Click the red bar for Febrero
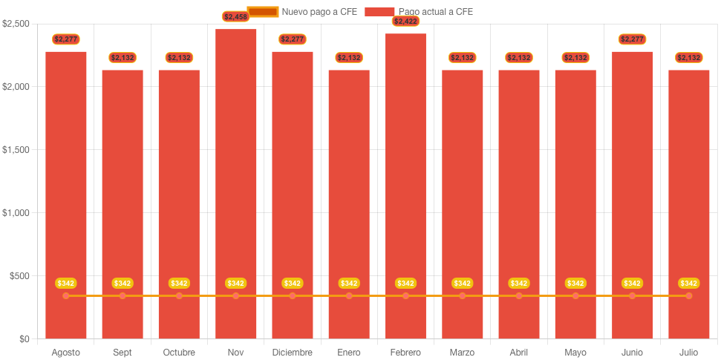(x=405, y=186)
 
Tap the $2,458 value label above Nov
(x=236, y=16)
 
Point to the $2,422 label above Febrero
(x=405, y=21)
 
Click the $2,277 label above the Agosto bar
(x=66, y=39)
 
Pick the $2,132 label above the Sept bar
(x=123, y=57)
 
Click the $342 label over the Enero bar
(x=349, y=284)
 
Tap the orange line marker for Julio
(x=688, y=296)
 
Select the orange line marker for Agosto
(x=66, y=296)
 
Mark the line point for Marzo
(x=462, y=296)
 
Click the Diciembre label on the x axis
(x=293, y=352)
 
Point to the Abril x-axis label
(x=519, y=352)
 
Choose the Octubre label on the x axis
(x=179, y=352)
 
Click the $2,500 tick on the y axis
(x=16, y=24)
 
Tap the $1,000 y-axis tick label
(x=16, y=213)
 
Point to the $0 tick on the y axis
(x=24, y=339)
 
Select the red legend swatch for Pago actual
(x=379, y=12)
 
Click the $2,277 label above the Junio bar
(x=632, y=39)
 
